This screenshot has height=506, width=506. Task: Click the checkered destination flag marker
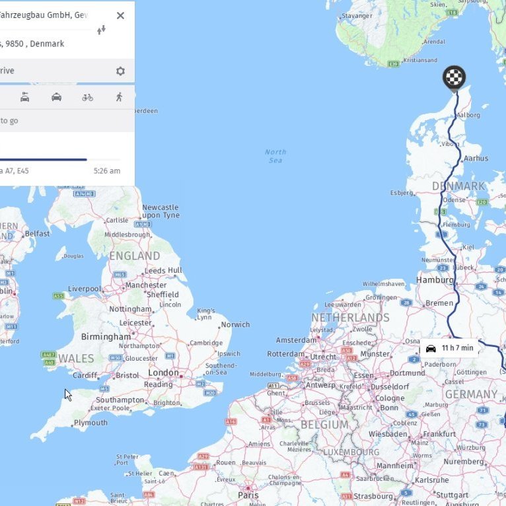pos(454,77)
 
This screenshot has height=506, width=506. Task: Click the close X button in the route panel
pos(120,15)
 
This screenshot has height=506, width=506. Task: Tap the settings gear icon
pos(120,71)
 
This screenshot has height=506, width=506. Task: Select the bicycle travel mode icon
pos(88,97)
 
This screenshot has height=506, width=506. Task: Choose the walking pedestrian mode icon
pos(119,97)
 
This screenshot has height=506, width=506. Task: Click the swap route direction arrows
pos(101,30)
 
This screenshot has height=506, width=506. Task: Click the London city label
pos(163,373)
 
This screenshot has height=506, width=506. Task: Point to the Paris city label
pos(248,495)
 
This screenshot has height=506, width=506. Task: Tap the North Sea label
pos(275,157)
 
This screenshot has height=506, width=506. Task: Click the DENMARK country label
pos(458,186)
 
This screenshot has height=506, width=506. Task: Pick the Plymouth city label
pos(90,423)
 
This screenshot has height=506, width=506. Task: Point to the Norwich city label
pos(235,324)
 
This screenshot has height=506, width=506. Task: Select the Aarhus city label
pos(476,159)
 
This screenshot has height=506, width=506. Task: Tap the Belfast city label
pos(38,233)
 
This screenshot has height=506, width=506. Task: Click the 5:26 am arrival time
pos(107,171)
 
